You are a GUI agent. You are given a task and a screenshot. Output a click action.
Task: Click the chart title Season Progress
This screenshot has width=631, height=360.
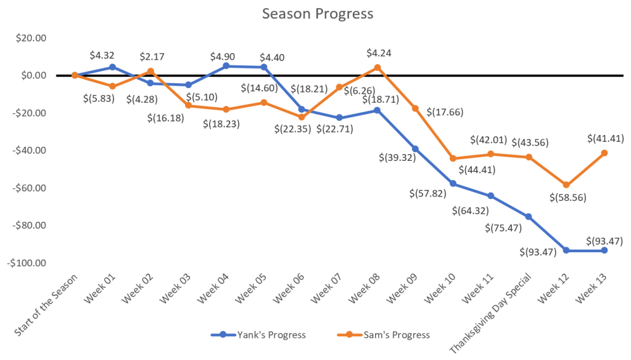[x=317, y=14]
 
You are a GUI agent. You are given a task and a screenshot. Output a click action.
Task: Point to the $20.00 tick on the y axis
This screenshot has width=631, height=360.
[x=30, y=38]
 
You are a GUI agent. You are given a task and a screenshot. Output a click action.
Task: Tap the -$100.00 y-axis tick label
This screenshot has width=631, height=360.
[x=27, y=263]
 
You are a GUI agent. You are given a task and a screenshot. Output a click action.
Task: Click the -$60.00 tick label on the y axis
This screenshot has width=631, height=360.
[x=29, y=188]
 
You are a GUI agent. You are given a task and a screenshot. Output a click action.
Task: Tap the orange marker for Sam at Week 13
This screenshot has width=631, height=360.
[x=604, y=153]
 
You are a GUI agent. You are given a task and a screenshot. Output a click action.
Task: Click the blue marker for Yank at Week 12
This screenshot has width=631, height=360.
[x=567, y=250]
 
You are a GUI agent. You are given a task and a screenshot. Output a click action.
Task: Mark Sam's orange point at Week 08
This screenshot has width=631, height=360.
[x=377, y=67]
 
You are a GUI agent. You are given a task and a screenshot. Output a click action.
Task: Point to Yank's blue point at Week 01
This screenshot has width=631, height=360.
[x=112, y=67]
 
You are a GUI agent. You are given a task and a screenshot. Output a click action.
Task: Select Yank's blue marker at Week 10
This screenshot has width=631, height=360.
[x=453, y=184]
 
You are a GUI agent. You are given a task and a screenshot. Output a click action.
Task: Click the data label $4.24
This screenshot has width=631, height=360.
[x=378, y=52]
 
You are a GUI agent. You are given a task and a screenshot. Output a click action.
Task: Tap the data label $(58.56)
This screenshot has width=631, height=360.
[x=567, y=198]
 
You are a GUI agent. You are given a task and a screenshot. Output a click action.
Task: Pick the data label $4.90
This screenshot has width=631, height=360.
[x=226, y=57]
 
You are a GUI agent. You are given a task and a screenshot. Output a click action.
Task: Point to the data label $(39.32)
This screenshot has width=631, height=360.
[x=397, y=157]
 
